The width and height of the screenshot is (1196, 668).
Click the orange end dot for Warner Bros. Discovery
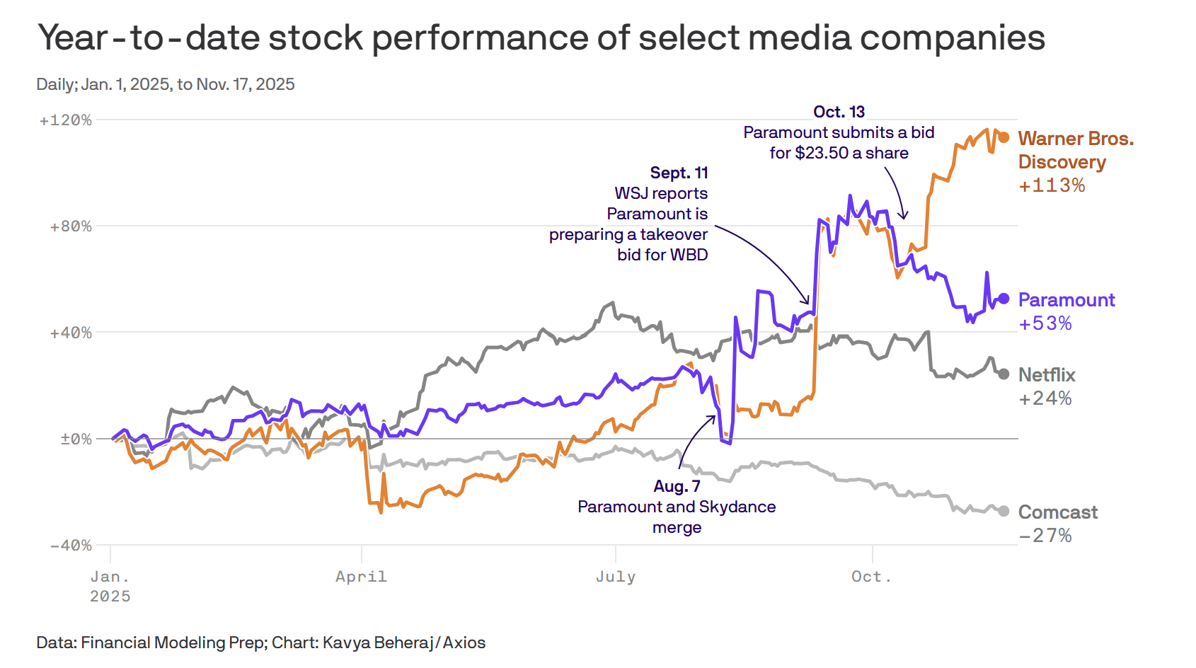(x=1004, y=137)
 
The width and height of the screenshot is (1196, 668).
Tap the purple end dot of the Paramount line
(x=1004, y=299)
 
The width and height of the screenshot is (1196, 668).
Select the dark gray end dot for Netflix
(x=1004, y=374)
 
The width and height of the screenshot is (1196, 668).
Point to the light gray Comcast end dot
(x=1004, y=511)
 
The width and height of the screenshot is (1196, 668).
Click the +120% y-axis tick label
(x=66, y=120)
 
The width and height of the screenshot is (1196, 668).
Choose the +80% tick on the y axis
(x=71, y=226)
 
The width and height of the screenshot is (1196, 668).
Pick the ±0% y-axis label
(x=76, y=439)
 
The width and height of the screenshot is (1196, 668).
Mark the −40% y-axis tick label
(x=71, y=545)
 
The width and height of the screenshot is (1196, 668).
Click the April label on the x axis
(x=361, y=577)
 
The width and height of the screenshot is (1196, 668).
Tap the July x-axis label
(x=615, y=577)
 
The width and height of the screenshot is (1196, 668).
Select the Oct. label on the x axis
(x=871, y=577)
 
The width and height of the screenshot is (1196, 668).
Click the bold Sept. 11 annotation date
(x=679, y=173)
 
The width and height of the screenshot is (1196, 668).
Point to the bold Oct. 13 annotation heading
(x=839, y=112)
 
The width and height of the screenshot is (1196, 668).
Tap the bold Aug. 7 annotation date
(x=677, y=486)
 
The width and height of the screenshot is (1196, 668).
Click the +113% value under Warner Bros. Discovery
(x=1052, y=185)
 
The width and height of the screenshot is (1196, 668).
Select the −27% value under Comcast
(x=1045, y=536)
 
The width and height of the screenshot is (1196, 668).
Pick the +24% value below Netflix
(x=1045, y=398)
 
